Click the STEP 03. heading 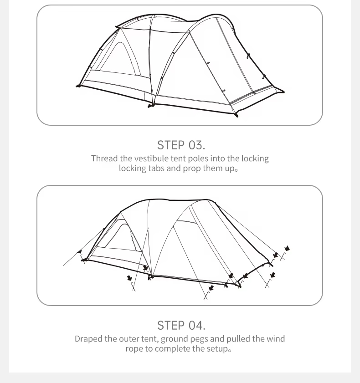coord(181,145)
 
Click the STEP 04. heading coord(181,325)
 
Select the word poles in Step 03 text coord(198,158)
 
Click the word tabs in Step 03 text coord(156,168)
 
